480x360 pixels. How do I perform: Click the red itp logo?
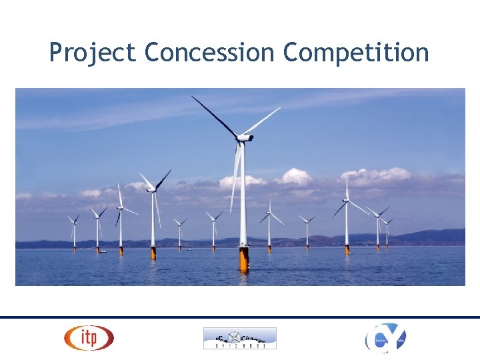[x=89, y=337]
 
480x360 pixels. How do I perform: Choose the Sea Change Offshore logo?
[x=239, y=338]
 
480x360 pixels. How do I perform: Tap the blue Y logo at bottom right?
[x=385, y=338]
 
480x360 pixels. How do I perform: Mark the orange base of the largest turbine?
[x=244, y=259]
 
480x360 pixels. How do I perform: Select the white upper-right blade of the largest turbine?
[x=261, y=122]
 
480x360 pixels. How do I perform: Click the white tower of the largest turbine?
[x=243, y=200]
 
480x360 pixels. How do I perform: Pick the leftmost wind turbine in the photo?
[x=73, y=230]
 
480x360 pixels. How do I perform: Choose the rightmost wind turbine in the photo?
[x=387, y=230]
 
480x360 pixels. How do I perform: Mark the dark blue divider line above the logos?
[x=240, y=317]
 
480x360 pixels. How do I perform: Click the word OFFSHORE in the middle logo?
[x=239, y=345]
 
